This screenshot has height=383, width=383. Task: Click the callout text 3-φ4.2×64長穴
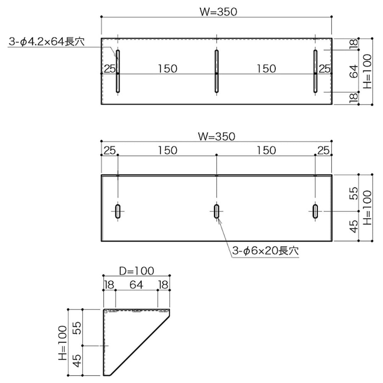[46, 42]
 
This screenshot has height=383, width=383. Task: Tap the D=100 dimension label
[137, 271]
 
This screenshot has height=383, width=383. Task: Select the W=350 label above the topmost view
[217, 12]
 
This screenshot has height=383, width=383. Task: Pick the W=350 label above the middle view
[217, 137]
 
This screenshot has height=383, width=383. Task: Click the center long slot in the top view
[216, 72]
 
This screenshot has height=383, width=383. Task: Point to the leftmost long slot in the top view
[118, 72]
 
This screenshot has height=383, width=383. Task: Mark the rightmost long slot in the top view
[315, 72]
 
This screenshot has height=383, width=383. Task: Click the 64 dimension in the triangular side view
[137, 285]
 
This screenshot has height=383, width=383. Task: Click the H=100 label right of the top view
[367, 71]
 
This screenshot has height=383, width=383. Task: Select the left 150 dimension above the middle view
[167, 150]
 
